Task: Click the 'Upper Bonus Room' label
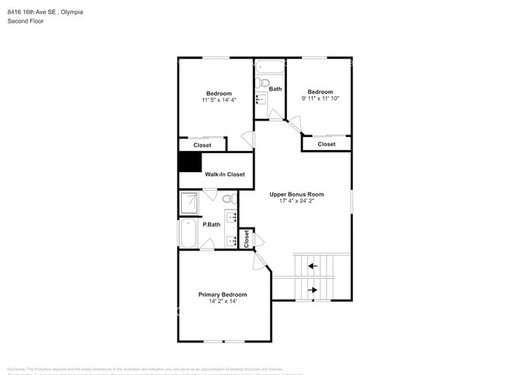click(x=297, y=194)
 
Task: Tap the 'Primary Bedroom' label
click(x=223, y=294)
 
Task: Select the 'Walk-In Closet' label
click(x=224, y=174)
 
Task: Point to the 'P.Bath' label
click(x=211, y=224)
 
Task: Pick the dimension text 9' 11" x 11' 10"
click(x=320, y=99)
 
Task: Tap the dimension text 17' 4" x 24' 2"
click(x=297, y=201)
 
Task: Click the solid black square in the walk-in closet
click(x=190, y=161)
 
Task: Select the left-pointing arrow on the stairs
click(x=311, y=265)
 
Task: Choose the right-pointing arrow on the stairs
click(x=311, y=289)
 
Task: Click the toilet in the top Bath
click(x=263, y=82)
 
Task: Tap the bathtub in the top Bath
click(x=268, y=66)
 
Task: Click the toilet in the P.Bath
click(x=227, y=198)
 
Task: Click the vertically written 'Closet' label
click(x=246, y=238)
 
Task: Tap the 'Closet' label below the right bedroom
click(x=326, y=144)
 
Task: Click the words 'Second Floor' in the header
click(x=25, y=21)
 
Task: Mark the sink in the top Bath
click(x=261, y=99)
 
